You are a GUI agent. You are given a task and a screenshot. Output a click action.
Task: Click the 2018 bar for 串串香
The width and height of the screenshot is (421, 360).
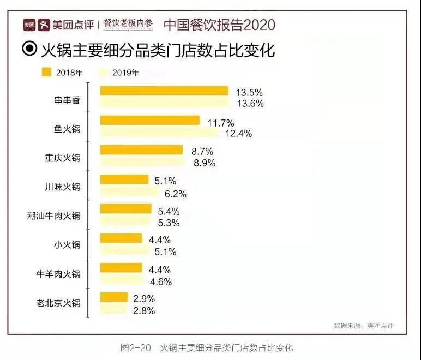tap(164, 91)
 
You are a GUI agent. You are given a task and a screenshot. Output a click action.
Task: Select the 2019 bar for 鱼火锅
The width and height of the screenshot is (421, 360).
tap(159, 133)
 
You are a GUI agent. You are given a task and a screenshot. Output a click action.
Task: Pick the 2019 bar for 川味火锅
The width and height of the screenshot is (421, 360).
tap(130, 193)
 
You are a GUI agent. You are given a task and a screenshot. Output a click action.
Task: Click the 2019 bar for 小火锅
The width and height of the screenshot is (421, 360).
tap(124, 251)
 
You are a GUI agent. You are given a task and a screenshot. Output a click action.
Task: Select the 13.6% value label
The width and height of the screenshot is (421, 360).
tap(250, 103)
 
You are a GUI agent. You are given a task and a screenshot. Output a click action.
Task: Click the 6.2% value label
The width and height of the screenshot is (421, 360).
tap(176, 193)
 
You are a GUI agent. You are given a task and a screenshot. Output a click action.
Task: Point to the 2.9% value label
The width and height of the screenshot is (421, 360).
tap(145, 298)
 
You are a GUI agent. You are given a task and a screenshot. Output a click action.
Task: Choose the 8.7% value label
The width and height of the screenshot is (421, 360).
tap(202, 151)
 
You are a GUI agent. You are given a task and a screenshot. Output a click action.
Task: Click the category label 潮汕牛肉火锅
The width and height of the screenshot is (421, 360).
tap(54, 216)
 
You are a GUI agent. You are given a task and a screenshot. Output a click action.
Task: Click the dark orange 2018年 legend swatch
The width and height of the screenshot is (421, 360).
tap(46, 71)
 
